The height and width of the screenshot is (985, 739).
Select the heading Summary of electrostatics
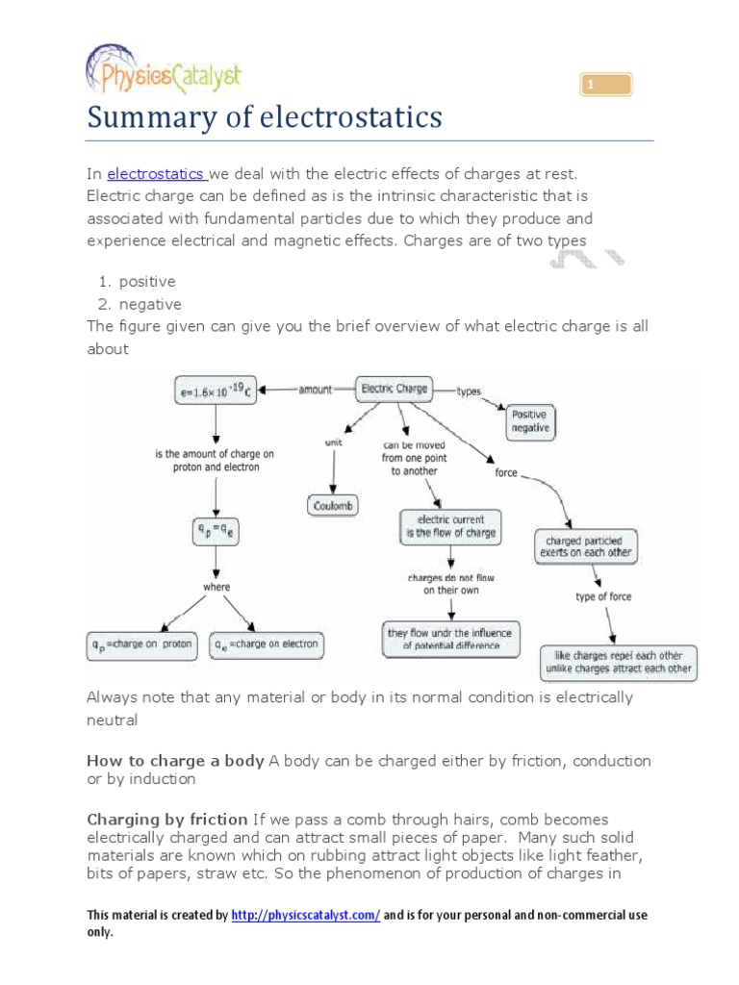pyautogui.click(x=265, y=117)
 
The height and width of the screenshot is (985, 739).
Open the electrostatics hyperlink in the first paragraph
pyautogui.click(x=156, y=173)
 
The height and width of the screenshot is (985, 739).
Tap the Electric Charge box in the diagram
pyautogui.click(x=394, y=390)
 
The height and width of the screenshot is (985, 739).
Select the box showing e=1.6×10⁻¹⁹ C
pyautogui.click(x=216, y=391)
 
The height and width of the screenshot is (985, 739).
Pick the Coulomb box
pyautogui.click(x=333, y=505)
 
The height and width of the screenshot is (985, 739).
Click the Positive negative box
pyautogui.click(x=530, y=420)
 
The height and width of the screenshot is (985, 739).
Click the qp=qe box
pyautogui.click(x=216, y=532)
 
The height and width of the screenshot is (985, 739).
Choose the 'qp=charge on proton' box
pyautogui.click(x=142, y=644)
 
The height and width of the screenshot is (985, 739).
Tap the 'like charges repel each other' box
pyautogui.click(x=618, y=662)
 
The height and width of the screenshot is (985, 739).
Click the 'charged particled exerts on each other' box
pyautogui.click(x=586, y=547)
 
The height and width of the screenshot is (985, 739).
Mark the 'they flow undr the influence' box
pyautogui.click(x=450, y=640)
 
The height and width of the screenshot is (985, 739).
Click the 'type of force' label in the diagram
pyautogui.click(x=603, y=597)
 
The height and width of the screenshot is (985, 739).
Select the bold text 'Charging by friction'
pyautogui.click(x=167, y=820)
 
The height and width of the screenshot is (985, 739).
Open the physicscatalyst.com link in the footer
pyautogui.click(x=305, y=916)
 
